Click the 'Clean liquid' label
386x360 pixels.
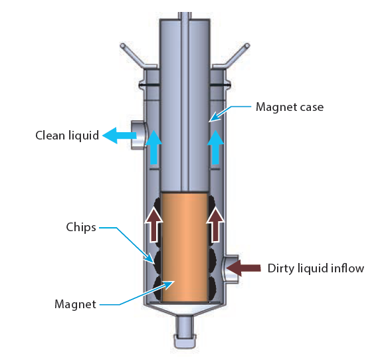[x=66, y=136]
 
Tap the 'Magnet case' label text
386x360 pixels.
[x=290, y=106]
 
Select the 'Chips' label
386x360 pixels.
[x=82, y=227]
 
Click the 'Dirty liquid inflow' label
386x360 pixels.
[x=316, y=269]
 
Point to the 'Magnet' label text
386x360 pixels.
[x=74, y=304]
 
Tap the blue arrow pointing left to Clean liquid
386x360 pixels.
[x=118, y=136]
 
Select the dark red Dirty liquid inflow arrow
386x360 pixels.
[x=244, y=268]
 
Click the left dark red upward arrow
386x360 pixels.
[x=153, y=224]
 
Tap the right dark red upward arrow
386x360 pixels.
[x=215, y=224]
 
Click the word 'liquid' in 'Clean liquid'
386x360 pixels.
[x=82, y=136]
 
